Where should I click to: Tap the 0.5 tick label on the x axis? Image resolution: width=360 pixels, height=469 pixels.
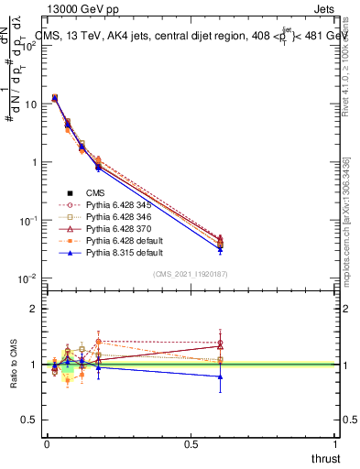click(191, 444)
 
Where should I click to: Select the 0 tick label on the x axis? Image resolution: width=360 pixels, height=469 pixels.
click(47, 444)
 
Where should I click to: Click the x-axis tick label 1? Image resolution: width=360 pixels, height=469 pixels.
click(335, 444)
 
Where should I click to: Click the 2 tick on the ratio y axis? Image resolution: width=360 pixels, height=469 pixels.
click(35, 309)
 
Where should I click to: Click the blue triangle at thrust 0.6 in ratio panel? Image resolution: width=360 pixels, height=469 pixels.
click(220, 376)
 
